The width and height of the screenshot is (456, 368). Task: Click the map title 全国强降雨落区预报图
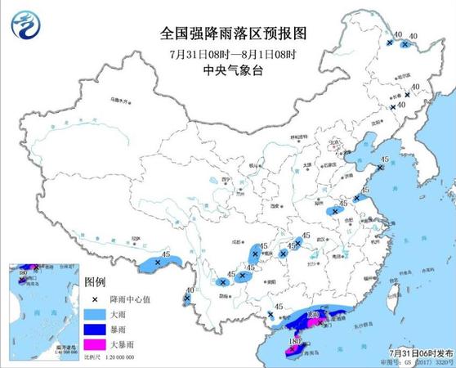click(228, 34)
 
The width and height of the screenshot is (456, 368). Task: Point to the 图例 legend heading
click(96, 280)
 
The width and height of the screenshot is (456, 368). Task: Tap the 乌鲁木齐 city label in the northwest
click(120, 101)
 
